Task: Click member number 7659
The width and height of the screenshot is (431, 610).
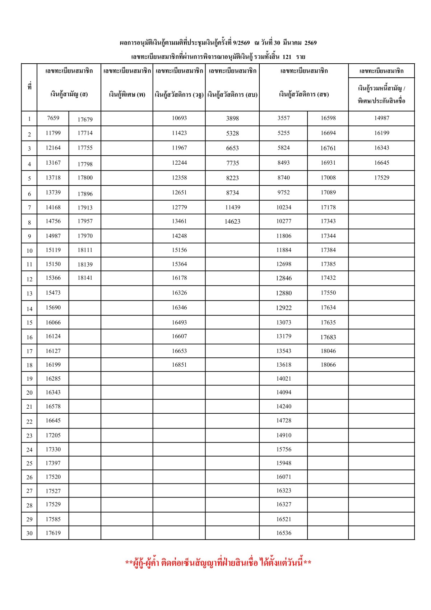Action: (53, 118)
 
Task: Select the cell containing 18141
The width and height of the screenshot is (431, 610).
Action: (85, 278)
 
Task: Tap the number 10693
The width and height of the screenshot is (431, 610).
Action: (179, 118)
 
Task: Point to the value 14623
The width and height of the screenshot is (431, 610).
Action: (232, 221)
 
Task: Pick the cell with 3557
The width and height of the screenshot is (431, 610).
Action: (283, 118)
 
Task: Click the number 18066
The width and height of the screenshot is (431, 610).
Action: (328, 364)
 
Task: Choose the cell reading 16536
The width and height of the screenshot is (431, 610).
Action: (284, 533)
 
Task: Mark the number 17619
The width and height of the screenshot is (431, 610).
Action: (53, 533)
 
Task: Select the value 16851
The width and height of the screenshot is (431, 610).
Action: (179, 364)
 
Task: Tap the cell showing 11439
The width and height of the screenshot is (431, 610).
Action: (232, 207)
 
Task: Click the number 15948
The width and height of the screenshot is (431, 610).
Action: (284, 463)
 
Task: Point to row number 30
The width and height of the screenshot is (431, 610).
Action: (29, 533)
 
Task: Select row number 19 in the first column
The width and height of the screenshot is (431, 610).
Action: (29, 379)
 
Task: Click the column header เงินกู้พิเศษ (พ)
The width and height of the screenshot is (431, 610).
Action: (127, 95)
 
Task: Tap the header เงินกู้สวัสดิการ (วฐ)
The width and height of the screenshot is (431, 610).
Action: (179, 95)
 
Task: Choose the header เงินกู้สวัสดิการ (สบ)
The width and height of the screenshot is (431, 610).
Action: (232, 95)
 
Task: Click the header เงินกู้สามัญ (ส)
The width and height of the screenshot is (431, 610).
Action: (69, 95)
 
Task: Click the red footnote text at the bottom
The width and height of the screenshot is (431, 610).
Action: (218, 563)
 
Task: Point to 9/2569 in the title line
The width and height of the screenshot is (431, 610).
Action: (241, 43)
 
